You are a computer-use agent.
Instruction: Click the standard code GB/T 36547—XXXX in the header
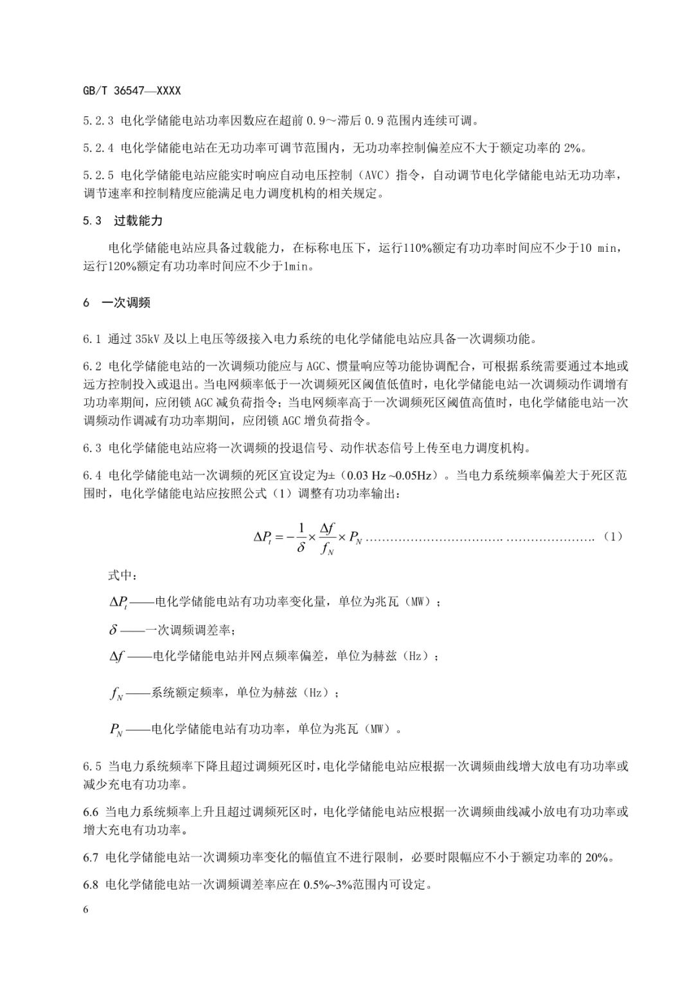(131, 91)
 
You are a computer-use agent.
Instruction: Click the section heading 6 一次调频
(116, 303)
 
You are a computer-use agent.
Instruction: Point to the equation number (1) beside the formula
(613, 536)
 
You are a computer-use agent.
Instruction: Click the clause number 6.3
(92, 448)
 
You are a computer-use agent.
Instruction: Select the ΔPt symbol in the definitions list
(119, 602)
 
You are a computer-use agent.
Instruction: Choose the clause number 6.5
(92, 766)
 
